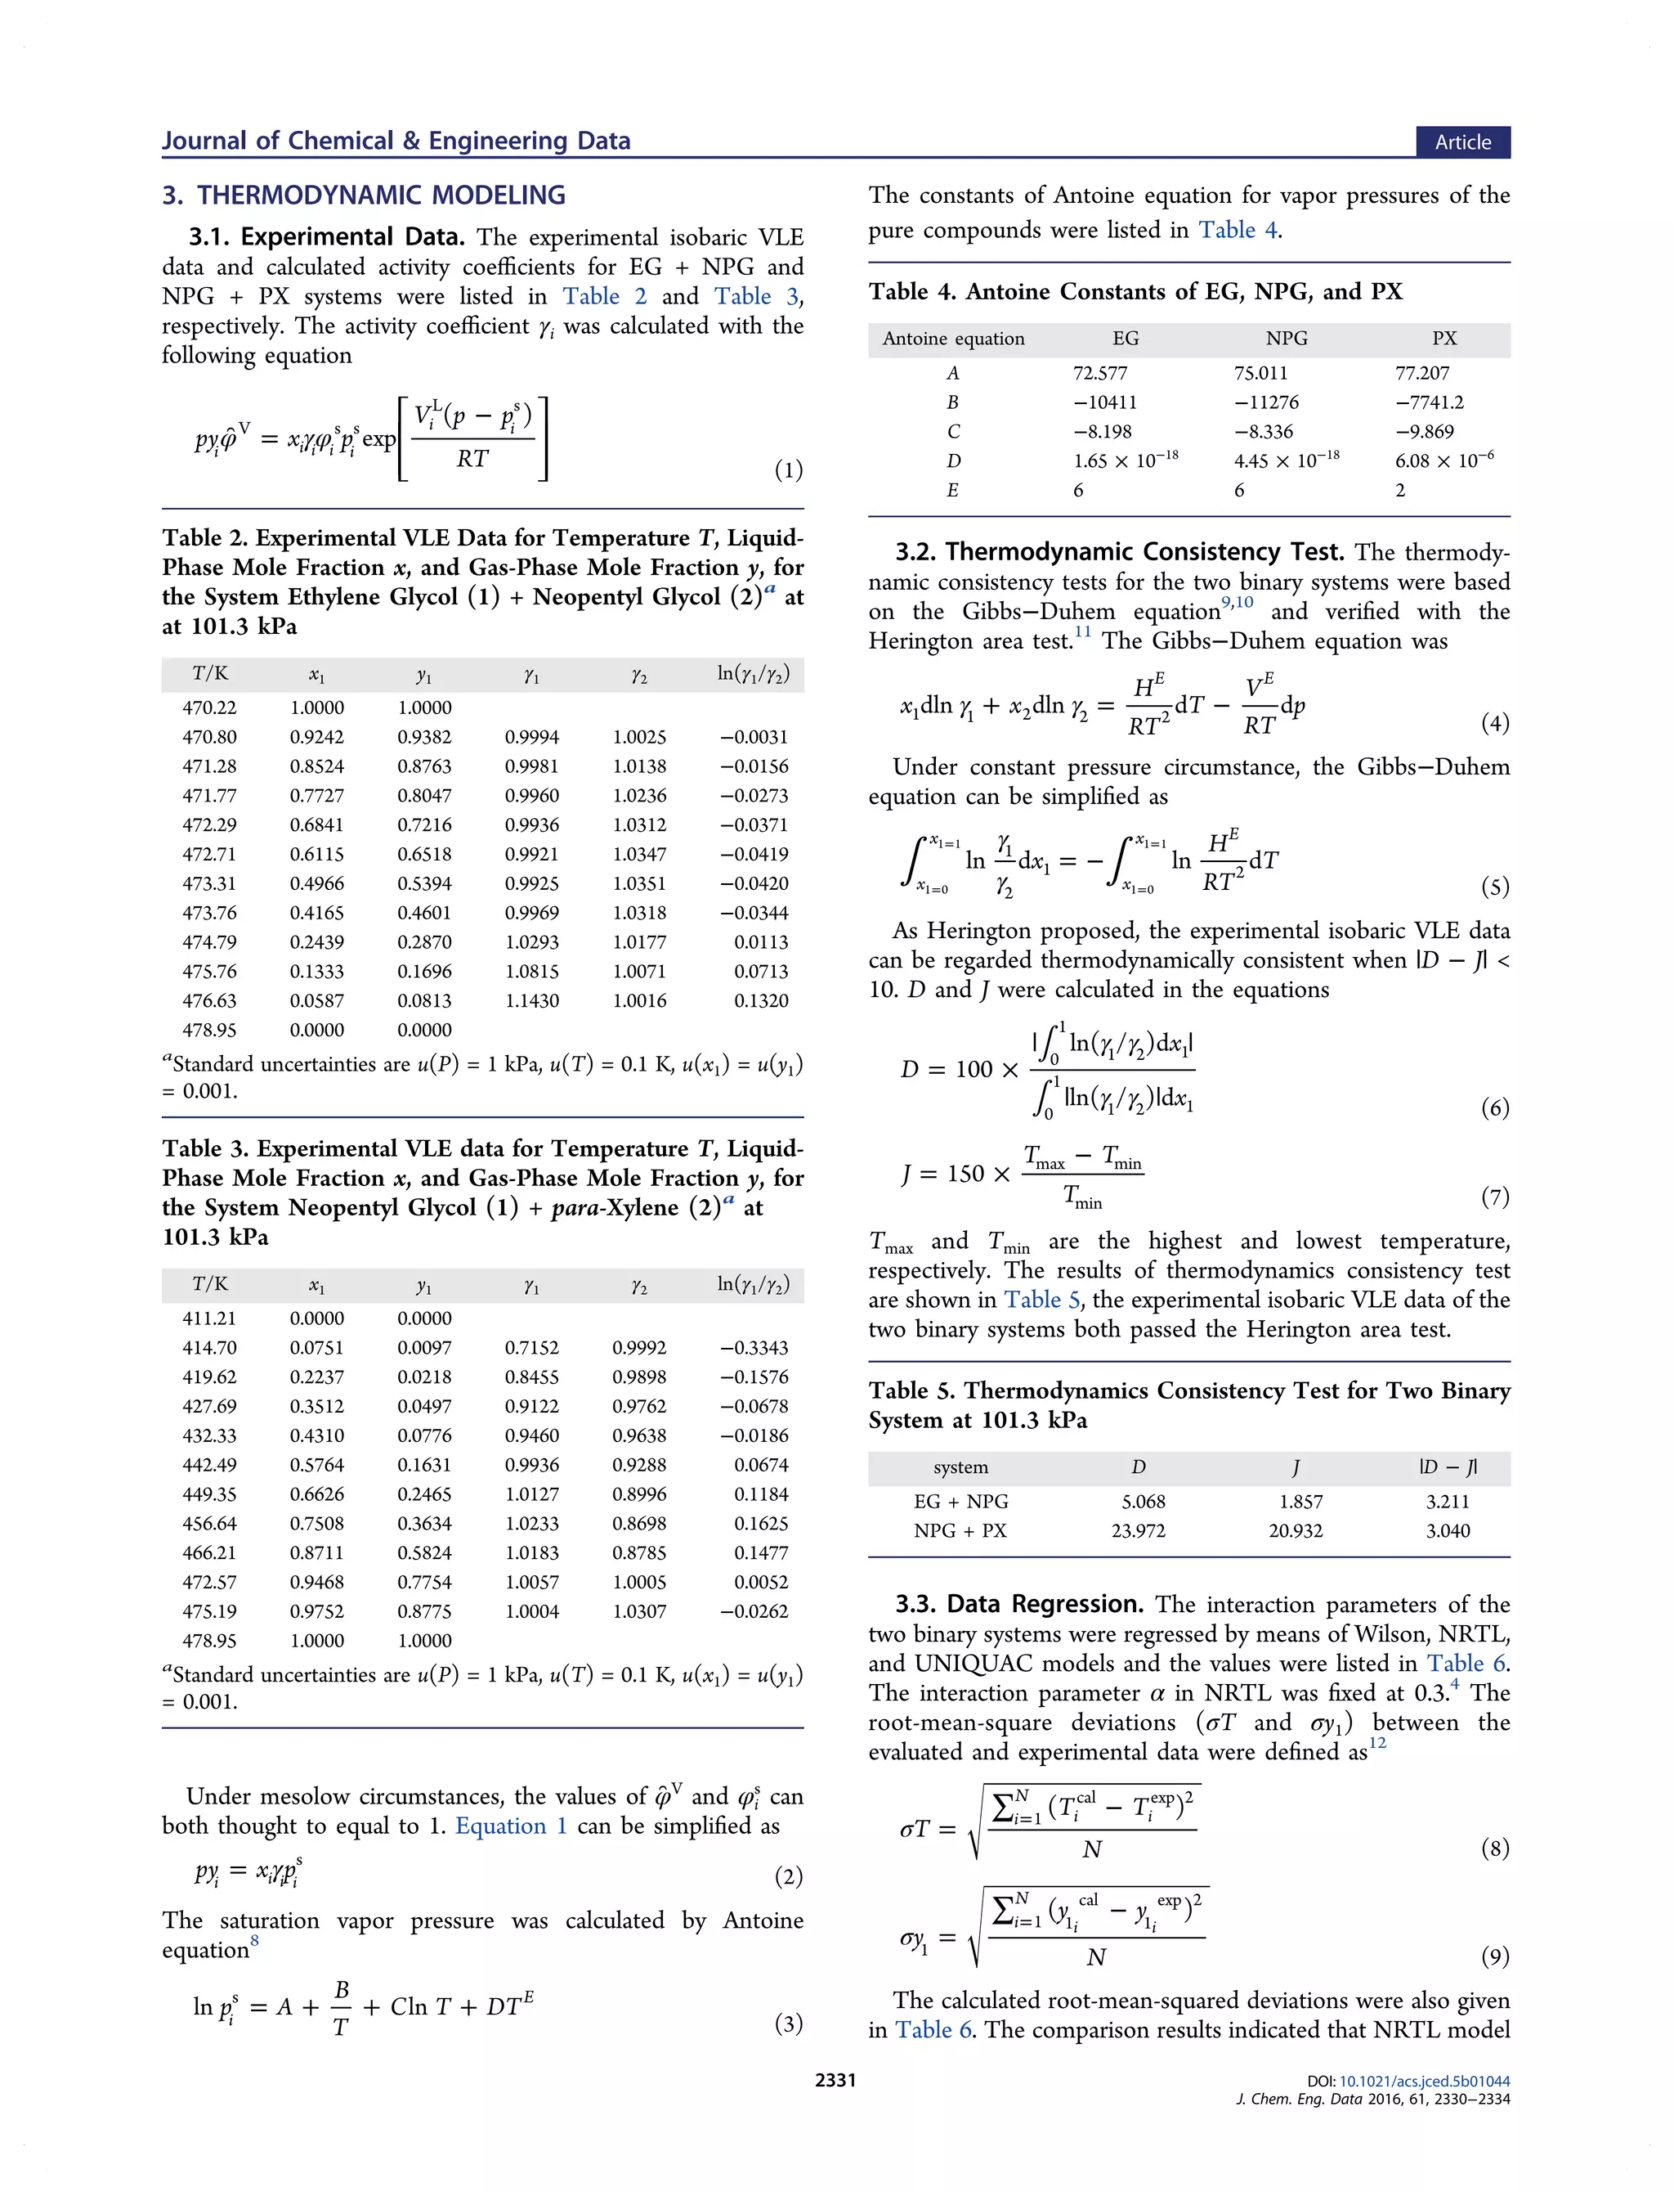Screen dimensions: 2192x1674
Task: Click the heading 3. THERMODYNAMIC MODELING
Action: [364, 195]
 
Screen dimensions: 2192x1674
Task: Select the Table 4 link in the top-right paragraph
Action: [1238, 231]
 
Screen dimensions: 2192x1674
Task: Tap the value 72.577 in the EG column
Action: [1099, 373]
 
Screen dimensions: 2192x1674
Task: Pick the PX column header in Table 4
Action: [1443, 339]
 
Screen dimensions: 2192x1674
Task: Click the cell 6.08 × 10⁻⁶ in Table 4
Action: [1443, 460]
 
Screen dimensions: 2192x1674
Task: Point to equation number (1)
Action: [788, 469]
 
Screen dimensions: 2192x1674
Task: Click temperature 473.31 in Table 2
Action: [209, 883]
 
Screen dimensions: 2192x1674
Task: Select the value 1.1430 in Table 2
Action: [531, 1001]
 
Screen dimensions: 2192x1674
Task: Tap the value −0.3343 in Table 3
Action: [754, 1348]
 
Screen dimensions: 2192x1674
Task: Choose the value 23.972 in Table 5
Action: [1138, 1530]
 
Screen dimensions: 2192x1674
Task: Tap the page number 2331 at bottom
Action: [835, 2079]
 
